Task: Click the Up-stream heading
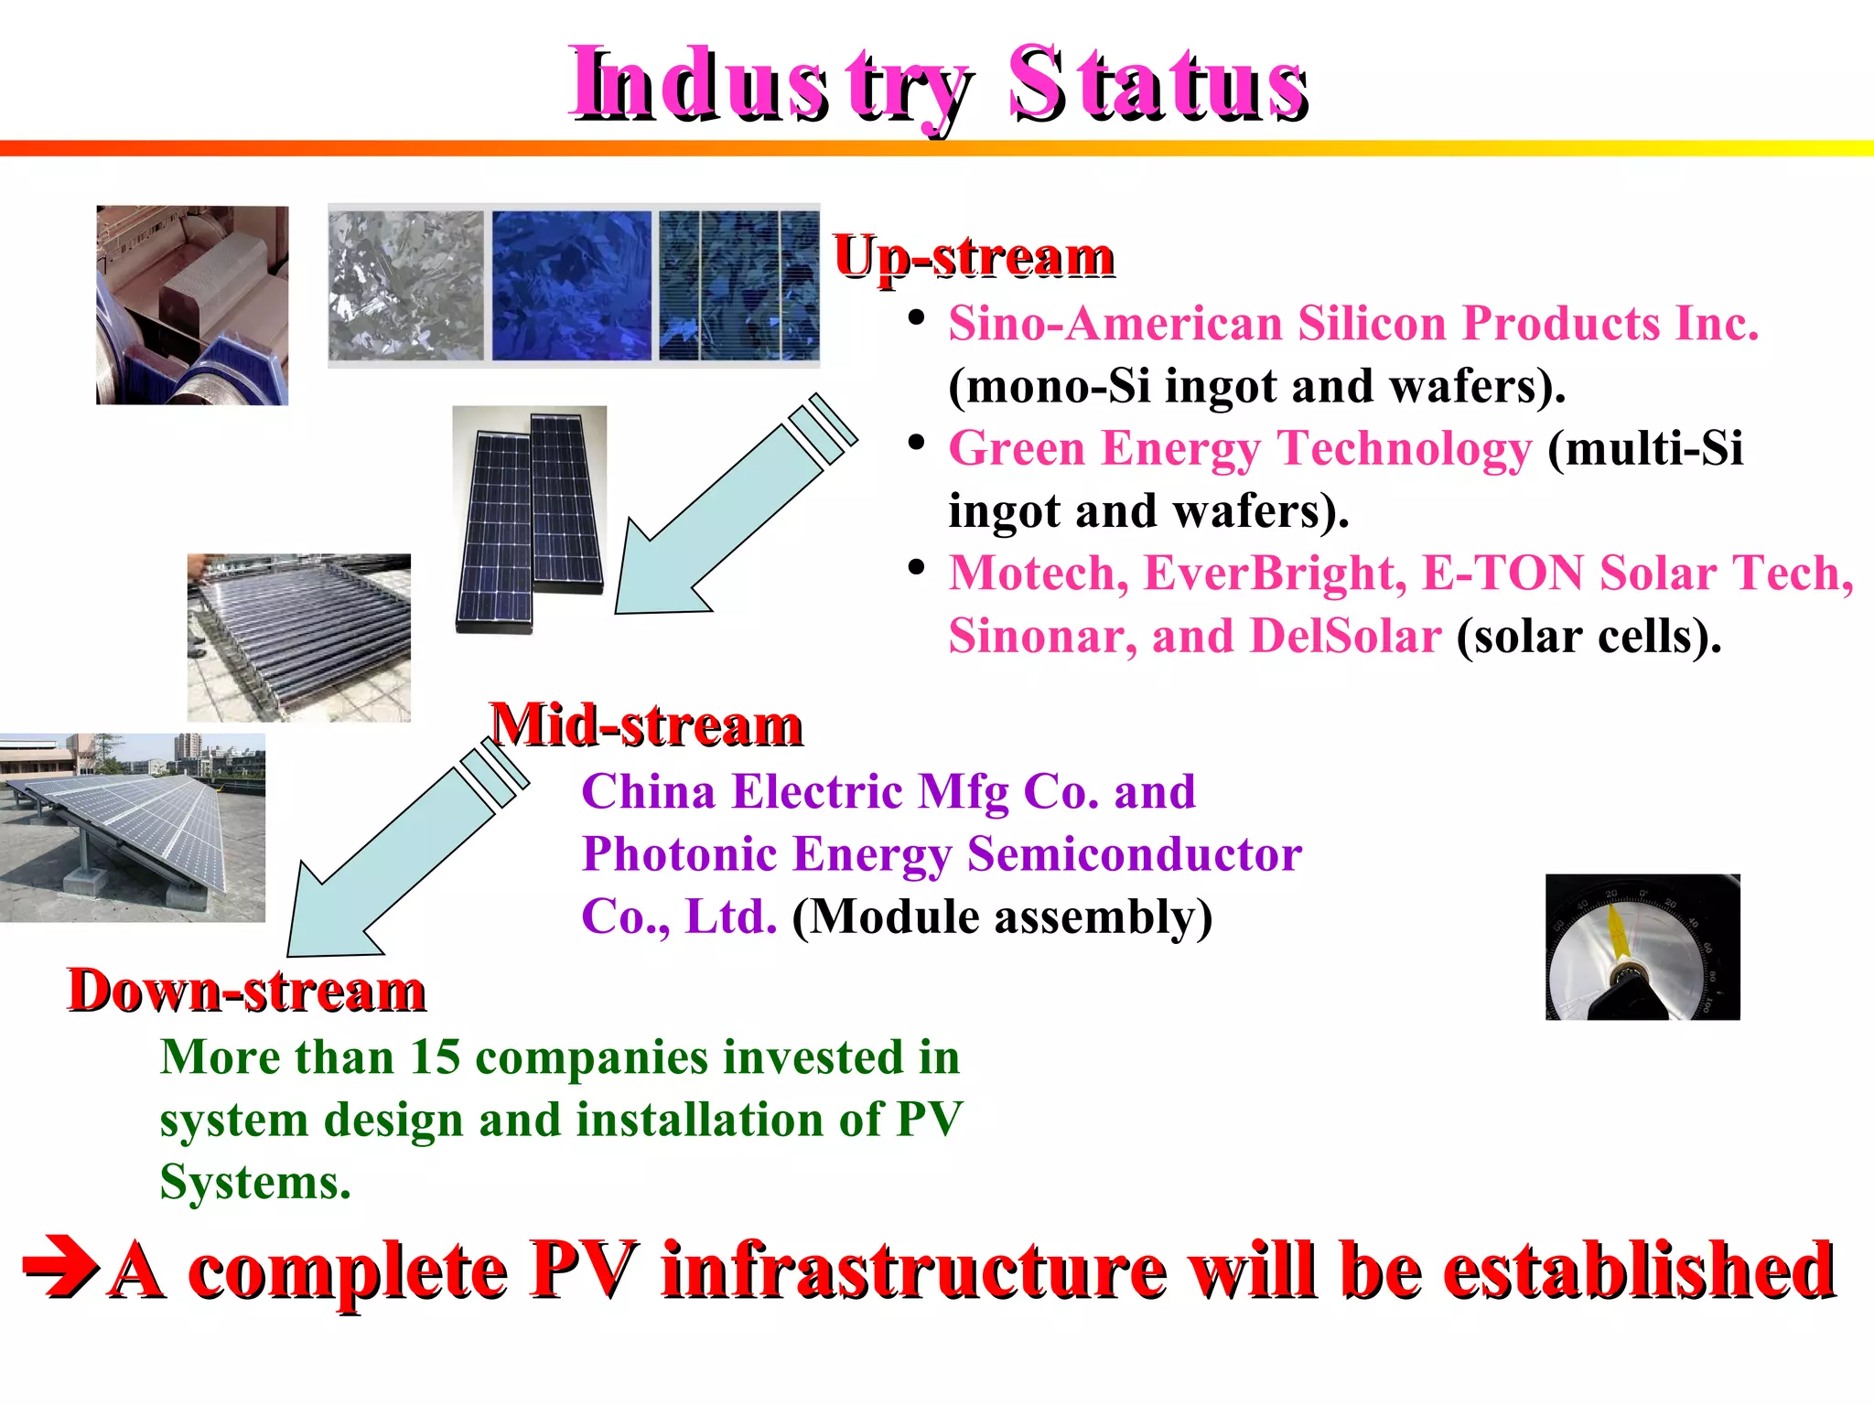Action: (x=974, y=257)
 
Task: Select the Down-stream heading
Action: (x=247, y=991)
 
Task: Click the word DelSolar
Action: (x=1345, y=636)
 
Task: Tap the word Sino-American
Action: (x=1115, y=323)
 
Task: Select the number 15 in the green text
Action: (x=435, y=1057)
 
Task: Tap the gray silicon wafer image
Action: (x=406, y=285)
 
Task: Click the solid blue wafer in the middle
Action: (x=571, y=285)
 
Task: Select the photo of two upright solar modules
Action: (x=530, y=519)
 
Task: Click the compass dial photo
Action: (x=1642, y=947)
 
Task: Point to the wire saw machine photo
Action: (x=192, y=305)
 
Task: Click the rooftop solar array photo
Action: (x=132, y=827)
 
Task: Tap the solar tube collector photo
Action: (x=298, y=638)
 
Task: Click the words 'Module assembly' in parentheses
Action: (x=1002, y=917)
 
